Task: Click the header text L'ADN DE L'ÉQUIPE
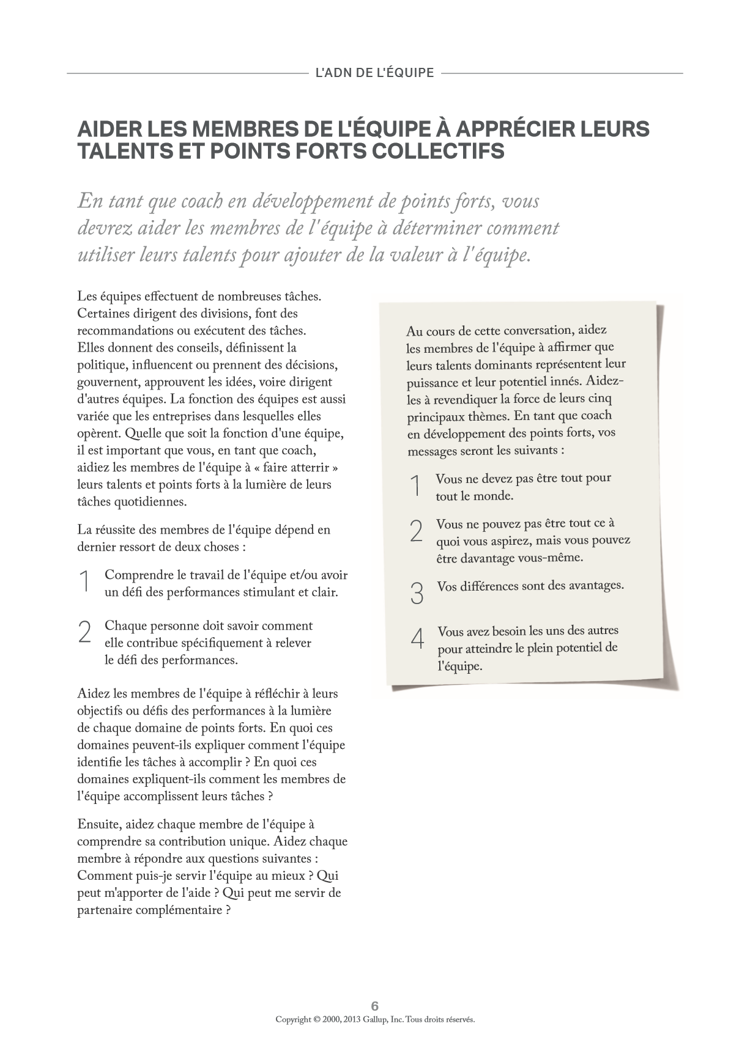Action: (x=374, y=73)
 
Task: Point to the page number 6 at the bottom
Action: (x=375, y=1006)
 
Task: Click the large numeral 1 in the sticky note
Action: (x=416, y=487)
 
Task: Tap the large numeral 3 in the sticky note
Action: (x=417, y=593)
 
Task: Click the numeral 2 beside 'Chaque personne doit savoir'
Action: (x=85, y=632)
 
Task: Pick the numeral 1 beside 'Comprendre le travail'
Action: (x=85, y=581)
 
